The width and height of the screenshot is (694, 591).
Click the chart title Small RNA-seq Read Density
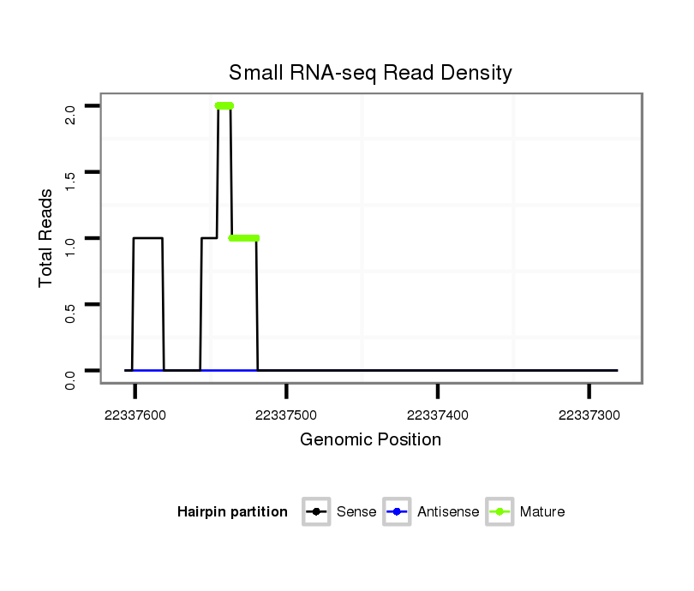click(x=370, y=73)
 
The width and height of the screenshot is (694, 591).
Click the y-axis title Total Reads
click(x=46, y=238)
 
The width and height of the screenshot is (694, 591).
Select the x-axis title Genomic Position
click(x=370, y=440)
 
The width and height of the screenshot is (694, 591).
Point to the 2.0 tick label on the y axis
click(x=70, y=114)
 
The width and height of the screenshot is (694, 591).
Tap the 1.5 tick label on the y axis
click(x=70, y=180)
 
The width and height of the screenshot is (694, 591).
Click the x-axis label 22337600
click(x=135, y=415)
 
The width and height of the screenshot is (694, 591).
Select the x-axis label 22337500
click(x=287, y=415)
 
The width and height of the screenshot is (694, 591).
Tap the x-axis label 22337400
click(x=438, y=415)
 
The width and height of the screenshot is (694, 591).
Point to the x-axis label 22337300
click(x=589, y=415)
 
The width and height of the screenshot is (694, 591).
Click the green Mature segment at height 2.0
click(x=224, y=106)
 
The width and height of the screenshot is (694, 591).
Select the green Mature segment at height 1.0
click(x=244, y=238)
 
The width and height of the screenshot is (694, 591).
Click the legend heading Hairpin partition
click(x=232, y=512)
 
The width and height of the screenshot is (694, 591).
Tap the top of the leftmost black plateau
click(x=147, y=238)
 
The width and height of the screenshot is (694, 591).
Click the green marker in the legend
click(x=500, y=512)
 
